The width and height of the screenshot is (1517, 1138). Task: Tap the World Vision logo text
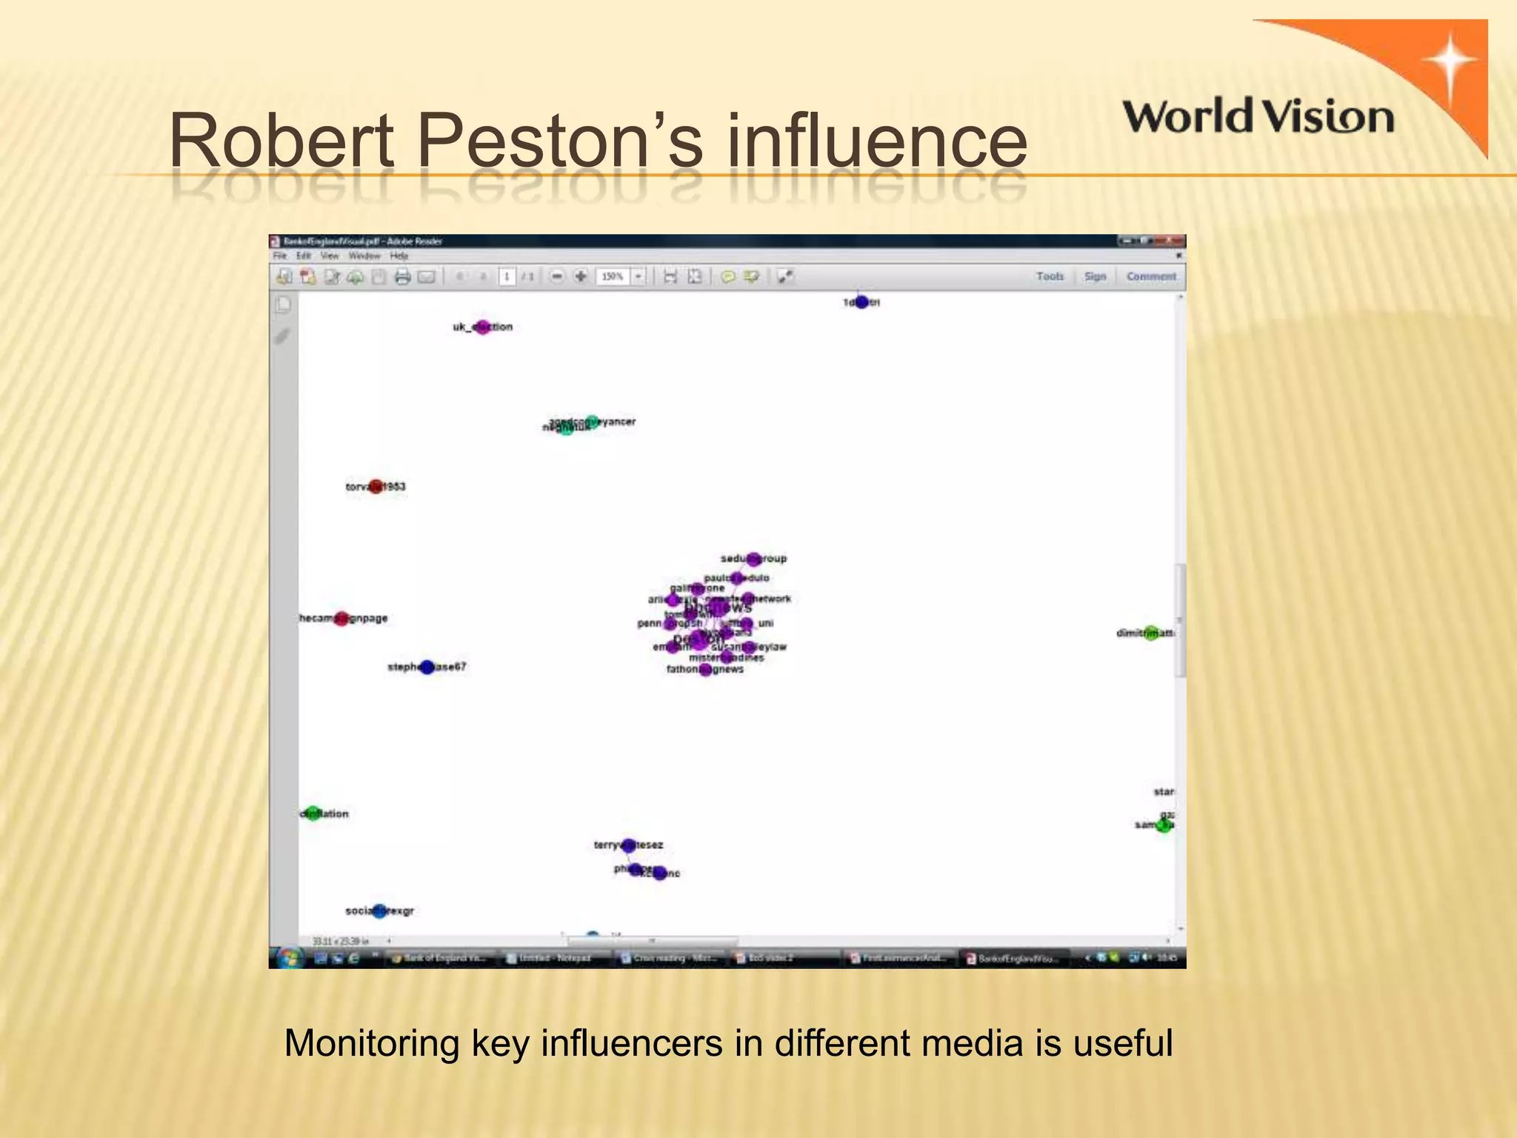click(1258, 118)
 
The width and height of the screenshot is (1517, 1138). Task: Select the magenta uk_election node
click(482, 327)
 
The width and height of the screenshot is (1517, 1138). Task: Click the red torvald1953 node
click(376, 487)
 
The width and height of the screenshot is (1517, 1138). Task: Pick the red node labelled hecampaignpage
click(341, 619)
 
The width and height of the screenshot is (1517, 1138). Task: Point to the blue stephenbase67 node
click(427, 667)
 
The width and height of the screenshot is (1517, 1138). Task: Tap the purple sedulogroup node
click(753, 559)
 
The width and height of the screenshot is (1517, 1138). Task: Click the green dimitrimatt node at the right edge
click(1150, 633)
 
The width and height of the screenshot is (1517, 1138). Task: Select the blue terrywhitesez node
click(629, 845)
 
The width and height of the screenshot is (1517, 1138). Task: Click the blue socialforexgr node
click(379, 911)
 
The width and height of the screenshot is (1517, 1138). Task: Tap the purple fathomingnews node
click(705, 670)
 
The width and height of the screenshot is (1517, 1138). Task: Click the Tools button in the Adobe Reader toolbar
click(1050, 276)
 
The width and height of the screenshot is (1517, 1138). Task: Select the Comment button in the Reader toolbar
click(1150, 276)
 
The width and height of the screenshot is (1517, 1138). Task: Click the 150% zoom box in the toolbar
click(613, 276)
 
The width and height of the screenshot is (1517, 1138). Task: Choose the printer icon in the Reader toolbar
click(402, 277)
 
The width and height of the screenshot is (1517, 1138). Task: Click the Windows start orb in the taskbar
click(288, 958)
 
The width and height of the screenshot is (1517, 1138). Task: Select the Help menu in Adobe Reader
click(399, 256)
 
